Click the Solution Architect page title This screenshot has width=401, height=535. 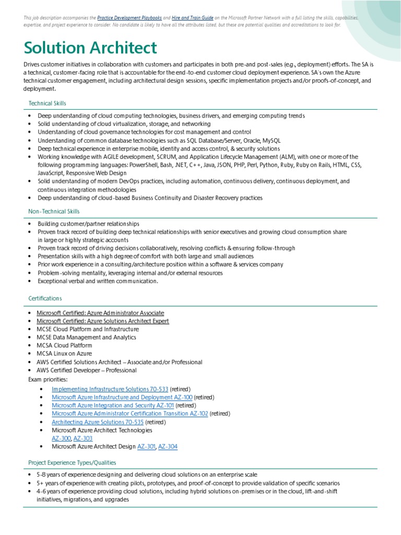click(90, 49)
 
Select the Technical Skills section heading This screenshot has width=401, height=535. click(47, 103)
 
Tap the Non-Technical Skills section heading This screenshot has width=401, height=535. click(54, 211)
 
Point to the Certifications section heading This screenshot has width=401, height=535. click(45, 298)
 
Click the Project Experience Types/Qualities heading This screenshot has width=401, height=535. click(72, 462)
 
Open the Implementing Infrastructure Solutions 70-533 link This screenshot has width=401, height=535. click(110, 389)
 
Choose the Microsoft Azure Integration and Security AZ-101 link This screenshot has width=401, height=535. click(113, 405)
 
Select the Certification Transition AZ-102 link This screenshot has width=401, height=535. click(130, 413)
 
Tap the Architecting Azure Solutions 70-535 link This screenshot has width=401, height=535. click(98, 422)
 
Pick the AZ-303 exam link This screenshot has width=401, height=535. click(82, 438)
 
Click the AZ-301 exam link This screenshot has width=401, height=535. click(146, 447)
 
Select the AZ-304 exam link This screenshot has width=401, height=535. click(168, 447)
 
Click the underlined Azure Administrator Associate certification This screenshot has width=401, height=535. click(100, 313)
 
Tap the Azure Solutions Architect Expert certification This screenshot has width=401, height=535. click(102, 321)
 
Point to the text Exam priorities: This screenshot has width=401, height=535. click(48, 379)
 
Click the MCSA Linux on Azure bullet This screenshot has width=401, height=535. click(64, 354)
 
